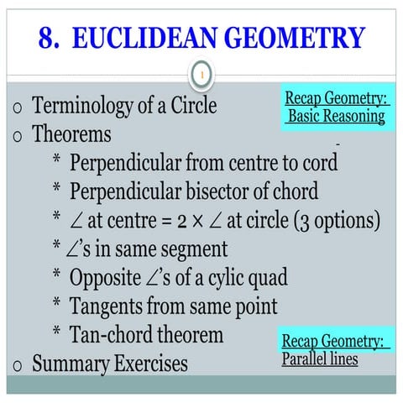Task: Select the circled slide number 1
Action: pos(201,76)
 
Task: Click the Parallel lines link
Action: pos(320,359)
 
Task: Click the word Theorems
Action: pos(72,133)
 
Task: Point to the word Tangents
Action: pos(107,306)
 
